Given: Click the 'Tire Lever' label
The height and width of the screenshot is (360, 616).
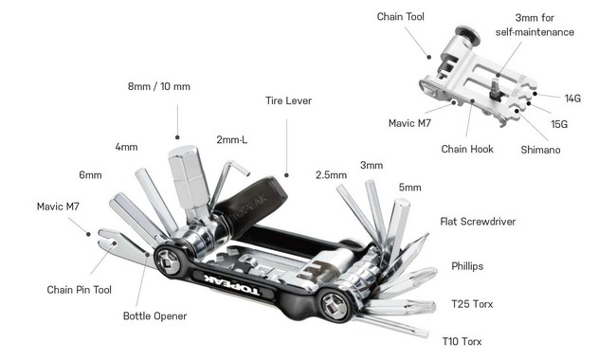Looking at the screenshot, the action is [x=288, y=100].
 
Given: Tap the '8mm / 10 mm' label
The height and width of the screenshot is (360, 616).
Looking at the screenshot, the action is [x=159, y=86].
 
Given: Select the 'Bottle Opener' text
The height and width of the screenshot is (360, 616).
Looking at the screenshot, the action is [x=154, y=316].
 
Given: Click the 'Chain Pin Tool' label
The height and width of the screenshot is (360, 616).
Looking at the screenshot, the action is [x=79, y=290].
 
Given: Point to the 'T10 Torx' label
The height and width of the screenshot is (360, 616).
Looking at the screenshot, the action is [x=462, y=341].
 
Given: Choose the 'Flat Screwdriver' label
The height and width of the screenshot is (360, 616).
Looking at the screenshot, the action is [x=478, y=222].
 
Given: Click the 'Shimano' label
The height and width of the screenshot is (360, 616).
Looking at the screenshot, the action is [x=540, y=150].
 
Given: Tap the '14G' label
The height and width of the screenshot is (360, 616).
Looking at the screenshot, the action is [x=572, y=99].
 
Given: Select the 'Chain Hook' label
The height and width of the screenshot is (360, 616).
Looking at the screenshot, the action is [x=467, y=149].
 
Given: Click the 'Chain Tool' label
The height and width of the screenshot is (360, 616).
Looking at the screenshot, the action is [x=400, y=16].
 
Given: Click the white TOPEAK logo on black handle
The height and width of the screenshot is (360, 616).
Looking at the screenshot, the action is [x=232, y=285].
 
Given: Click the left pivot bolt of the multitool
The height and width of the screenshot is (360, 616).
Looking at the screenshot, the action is [x=168, y=261].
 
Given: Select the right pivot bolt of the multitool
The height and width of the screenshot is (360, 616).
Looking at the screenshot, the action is [x=335, y=306].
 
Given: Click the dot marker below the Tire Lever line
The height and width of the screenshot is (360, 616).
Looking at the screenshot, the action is [x=286, y=175].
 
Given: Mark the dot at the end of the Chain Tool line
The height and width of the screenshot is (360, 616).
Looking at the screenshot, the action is [x=429, y=57].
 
